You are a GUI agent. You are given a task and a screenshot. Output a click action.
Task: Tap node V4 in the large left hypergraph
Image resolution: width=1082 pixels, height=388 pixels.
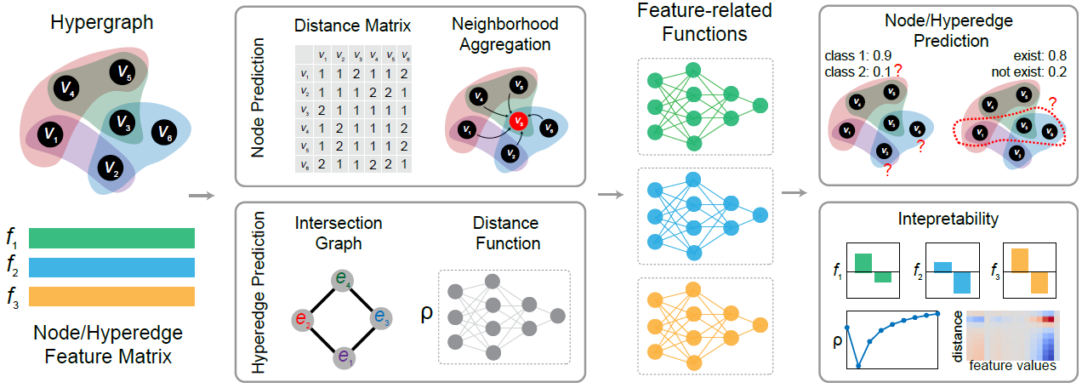click(x=64, y=85)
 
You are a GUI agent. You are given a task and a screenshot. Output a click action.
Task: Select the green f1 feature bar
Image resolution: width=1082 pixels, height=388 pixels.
click(x=111, y=237)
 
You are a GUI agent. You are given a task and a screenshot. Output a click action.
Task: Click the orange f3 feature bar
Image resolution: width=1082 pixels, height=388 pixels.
click(x=111, y=297)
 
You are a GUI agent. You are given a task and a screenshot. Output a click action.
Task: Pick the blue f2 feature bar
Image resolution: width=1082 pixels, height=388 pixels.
click(x=111, y=267)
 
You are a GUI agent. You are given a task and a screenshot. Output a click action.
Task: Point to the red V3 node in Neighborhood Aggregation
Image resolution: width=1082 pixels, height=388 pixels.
click(x=518, y=122)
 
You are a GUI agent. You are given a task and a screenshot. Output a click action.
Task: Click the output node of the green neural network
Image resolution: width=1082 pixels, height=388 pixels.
click(x=760, y=106)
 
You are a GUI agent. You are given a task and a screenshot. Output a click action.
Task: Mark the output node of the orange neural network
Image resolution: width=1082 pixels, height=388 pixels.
click(x=760, y=324)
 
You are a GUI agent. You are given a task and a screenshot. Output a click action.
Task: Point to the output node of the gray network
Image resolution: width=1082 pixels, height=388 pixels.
click(x=557, y=316)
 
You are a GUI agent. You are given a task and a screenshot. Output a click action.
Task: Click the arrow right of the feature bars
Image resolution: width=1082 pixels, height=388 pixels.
click(x=199, y=195)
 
